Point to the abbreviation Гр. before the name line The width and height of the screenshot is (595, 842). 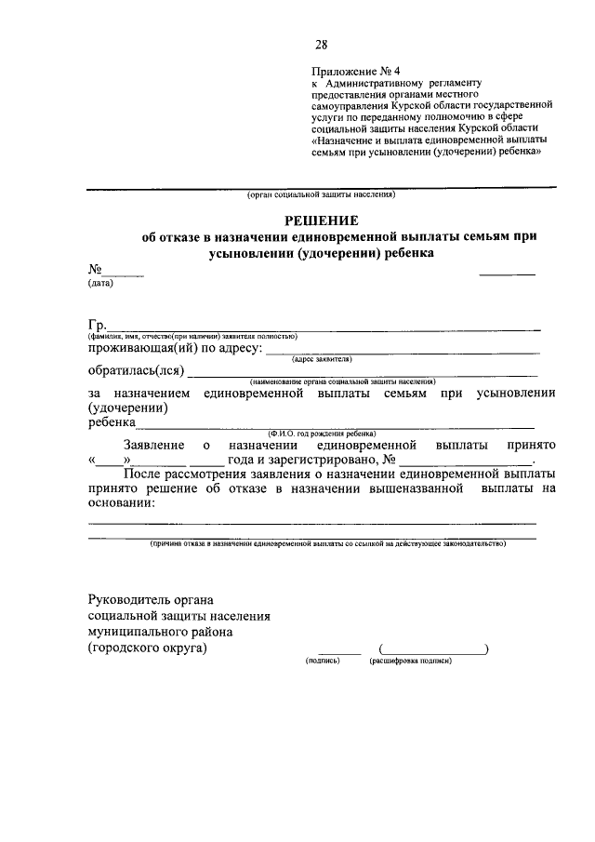coord(98,325)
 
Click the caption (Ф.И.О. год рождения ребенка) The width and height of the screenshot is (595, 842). coord(322,433)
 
